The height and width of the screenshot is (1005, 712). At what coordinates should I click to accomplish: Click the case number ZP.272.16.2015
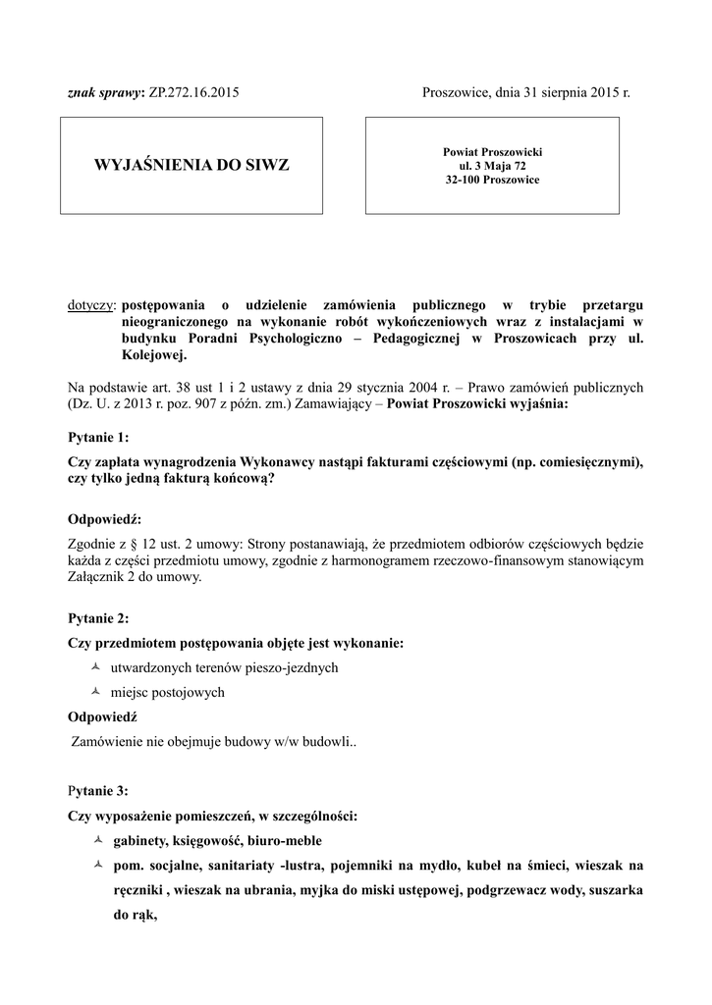click(x=194, y=93)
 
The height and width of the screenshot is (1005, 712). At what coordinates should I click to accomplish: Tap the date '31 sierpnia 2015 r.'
click(x=573, y=93)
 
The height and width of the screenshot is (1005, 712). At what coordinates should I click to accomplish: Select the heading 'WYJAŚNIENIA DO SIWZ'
click(x=192, y=165)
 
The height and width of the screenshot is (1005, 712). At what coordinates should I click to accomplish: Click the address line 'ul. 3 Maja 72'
click(x=492, y=166)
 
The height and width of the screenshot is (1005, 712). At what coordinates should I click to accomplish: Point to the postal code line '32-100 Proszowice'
click(x=492, y=180)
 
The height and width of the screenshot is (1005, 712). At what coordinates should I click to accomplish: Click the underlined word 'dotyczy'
click(x=89, y=305)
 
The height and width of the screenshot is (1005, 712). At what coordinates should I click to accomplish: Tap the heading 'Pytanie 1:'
click(x=98, y=436)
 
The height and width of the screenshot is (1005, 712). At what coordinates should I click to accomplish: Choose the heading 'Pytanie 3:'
click(x=98, y=790)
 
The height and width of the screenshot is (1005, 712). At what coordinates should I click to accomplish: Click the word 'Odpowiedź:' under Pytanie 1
click(x=105, y=518)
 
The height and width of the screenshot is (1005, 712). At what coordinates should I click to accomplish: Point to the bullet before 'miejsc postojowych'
click(x=96, y=691)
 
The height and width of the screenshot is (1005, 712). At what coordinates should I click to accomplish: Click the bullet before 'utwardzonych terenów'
click(x=96, y=667)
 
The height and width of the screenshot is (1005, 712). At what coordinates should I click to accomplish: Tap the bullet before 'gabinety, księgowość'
click(x=96, y=841)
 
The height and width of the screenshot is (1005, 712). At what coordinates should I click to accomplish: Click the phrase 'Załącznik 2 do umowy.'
click(x=135, y=577)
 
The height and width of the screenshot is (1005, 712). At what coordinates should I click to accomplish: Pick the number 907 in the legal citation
click(x=214, y=403)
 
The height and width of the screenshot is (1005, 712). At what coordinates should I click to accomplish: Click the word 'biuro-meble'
click(x=285, y=842)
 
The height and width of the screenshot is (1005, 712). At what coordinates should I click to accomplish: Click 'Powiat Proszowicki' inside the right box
click(x=492, y=152)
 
